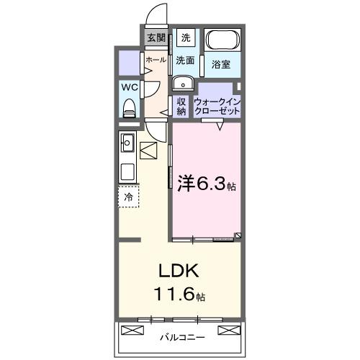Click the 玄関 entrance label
tap(156, 38)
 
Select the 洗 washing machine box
tap(186, 37)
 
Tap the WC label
tap(129, 87)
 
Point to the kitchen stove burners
tap(127, 142)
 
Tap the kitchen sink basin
tap(127, 173)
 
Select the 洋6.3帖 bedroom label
tap(206, 184)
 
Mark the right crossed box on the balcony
tap(228, 330)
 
